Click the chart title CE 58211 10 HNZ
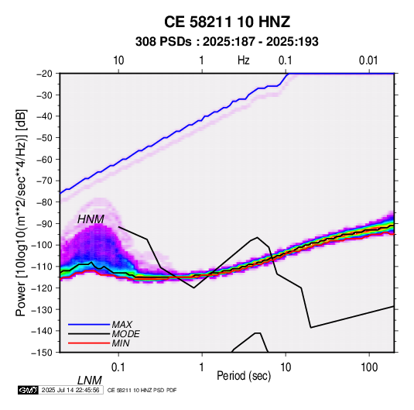[227, 22]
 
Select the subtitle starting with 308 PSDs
[227, 42]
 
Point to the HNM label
[91, 219]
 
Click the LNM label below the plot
[89, 381]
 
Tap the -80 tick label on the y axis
[44, 202]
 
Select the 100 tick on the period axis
[369, 367]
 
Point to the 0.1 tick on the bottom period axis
[118, 367]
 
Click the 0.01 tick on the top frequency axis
[368, 60]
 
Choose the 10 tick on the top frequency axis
[118, 60]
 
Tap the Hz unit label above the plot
[244, 60]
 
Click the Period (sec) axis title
[244, 376]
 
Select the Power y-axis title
[21, 213]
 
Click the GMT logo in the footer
[29, 390]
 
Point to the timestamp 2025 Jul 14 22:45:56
[70, 390]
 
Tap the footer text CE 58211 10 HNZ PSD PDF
[142, 390]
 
